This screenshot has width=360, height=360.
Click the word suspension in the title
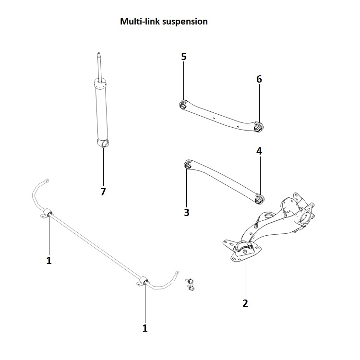click(x=185, y=22)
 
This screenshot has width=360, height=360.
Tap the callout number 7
click(x=103, y=192)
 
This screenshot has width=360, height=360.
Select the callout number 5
click(x=184, y=57)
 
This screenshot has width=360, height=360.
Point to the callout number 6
click(x=259, y=79)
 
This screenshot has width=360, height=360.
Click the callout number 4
click(x=259, y=151)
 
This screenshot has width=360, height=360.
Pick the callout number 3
click(x=187, y=212)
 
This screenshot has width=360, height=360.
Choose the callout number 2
click(x=245, y=303)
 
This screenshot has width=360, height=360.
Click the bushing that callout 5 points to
click(x=183, y=104)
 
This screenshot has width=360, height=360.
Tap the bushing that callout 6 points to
click(x=259, y=127)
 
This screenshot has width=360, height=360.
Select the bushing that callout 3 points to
click(x=188, y=165)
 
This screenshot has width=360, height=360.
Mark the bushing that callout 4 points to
click(x=261, y=197)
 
